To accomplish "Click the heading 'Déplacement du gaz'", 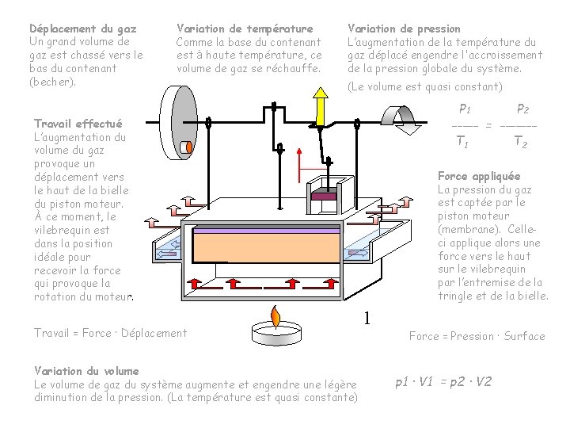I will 82,28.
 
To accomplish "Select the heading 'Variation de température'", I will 244,28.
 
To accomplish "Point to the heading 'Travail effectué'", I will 78,124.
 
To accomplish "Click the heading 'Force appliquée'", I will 479,176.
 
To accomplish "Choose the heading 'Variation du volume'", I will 86,371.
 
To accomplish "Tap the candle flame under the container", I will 275,315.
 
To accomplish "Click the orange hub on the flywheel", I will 187,147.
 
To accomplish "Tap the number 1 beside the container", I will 367,319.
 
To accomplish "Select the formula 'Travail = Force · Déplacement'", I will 110,333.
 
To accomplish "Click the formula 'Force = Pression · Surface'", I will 477,336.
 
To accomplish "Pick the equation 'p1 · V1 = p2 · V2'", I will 443,381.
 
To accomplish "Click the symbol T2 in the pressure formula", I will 520,143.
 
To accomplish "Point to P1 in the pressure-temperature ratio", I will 465,109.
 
